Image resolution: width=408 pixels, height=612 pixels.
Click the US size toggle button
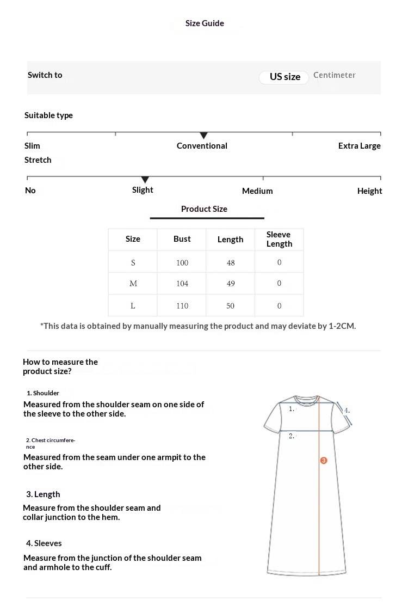tap(285, 77)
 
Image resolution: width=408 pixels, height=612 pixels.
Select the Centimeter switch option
tap(334, 75)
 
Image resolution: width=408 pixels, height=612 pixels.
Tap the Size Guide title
tap(205, 23)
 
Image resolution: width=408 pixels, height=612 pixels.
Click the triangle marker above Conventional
tap(203, 135)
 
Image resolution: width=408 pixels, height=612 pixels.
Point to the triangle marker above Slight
tap(145, 180)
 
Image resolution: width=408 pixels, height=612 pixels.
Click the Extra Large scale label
tap(359, 146)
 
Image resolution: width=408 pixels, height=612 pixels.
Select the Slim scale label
tap(32, 146)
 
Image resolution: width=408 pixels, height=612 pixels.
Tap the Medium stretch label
tap(257, 191)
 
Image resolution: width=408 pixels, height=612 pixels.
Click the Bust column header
tap(182, 239)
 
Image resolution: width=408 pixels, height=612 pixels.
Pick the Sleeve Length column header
tap(279, 239)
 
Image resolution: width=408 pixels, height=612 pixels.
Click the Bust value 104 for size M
tap(182, 284)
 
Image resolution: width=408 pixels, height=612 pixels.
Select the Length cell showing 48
tap(231, 263)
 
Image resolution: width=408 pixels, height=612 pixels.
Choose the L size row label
tap(133, 306)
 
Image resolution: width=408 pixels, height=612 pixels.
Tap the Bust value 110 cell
tap(182, 306)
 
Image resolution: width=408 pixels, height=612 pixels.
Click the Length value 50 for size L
tap(231, 306)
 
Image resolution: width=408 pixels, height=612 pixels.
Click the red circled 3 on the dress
tap(324, 461)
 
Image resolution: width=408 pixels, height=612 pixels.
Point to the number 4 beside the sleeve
tap(347, 411)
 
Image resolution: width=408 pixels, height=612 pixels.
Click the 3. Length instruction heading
tap(43, 494)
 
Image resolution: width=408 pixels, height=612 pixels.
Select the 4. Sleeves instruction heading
tap(44, 543)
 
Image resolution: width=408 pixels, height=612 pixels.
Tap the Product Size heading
tap(204, 209)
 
